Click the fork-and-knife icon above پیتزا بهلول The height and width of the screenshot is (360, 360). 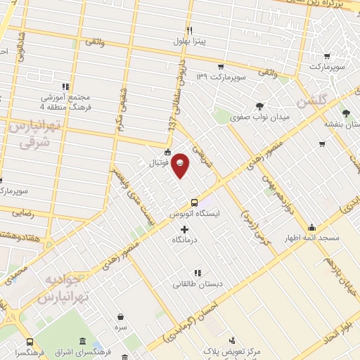point(189,30)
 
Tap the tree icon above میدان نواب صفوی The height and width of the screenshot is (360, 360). point(259,105)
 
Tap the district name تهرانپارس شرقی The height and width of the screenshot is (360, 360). point(30,134)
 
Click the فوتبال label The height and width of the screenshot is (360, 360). point(167,162)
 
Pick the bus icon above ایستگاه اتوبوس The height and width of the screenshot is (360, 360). point(195,202)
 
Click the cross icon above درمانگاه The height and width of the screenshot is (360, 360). point(185,230)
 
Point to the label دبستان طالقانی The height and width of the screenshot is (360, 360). point(198,284)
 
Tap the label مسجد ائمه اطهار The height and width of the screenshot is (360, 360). point(312,238)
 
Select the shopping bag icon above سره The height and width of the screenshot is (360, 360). point(121,316)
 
